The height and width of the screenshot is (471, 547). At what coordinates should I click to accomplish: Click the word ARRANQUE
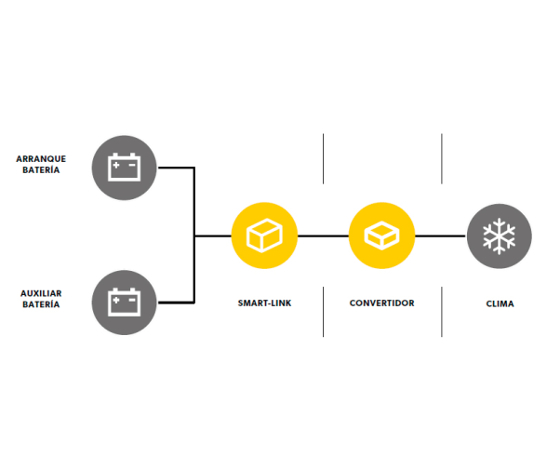(x=41, y=159)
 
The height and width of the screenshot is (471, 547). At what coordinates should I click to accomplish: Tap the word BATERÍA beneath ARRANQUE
(x=41, y=170)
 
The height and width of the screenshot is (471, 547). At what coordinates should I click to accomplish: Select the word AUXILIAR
(x=41, y=293)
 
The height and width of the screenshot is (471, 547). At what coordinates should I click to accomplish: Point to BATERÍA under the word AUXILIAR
(x=41, y=304)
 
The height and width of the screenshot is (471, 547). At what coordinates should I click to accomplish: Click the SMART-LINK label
(x=264, y=303)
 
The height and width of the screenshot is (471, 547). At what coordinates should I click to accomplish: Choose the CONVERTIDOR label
(x=382, y=303)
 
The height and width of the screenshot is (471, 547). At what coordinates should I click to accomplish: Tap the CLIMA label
(x=500, y=303)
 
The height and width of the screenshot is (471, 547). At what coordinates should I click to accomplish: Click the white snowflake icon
(x=500, y=236)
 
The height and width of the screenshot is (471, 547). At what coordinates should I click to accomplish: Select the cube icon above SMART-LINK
(x=264, y=235)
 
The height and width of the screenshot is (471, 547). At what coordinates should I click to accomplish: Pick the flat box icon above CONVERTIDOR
(x=382, y=235)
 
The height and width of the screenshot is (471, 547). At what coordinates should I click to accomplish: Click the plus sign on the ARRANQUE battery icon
(x=116, y=165)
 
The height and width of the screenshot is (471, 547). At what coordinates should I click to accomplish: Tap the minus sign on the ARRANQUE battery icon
(x=132, y=165)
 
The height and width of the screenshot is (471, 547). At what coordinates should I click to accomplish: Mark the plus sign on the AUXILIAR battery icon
(x=116, y=300)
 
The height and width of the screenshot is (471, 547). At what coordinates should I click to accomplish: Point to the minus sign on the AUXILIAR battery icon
(x=132, y=300)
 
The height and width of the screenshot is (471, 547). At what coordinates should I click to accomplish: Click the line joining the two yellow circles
(x=323, y=236)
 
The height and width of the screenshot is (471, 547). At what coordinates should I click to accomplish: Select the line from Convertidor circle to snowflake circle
(x=441, y=236)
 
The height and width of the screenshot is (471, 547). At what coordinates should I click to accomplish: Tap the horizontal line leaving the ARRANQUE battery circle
(x=176, y=168)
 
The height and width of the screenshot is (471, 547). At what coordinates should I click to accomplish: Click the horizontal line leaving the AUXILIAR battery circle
(x=176, y=303)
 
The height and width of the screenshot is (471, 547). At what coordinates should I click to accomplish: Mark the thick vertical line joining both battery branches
(x=194, y=235)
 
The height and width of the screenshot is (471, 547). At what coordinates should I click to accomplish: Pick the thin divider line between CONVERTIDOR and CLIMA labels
(x=442, y=312)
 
